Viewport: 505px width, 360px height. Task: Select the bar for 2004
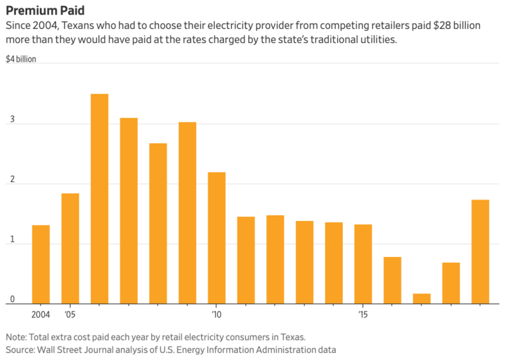41,265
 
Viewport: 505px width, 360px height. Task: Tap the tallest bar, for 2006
99,199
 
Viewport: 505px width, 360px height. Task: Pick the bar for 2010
217,238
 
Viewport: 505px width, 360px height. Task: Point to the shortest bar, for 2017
422,299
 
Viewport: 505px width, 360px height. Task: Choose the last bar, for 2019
480,252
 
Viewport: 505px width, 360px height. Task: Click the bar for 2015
363,264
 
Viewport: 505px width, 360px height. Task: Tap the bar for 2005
70,249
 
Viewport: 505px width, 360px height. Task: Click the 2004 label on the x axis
41,315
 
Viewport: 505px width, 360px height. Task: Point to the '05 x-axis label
70,315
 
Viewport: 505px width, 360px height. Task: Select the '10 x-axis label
217,315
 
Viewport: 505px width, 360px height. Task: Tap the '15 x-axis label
363,315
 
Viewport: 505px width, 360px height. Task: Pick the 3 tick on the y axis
8,124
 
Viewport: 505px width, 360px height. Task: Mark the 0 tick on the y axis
8,299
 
